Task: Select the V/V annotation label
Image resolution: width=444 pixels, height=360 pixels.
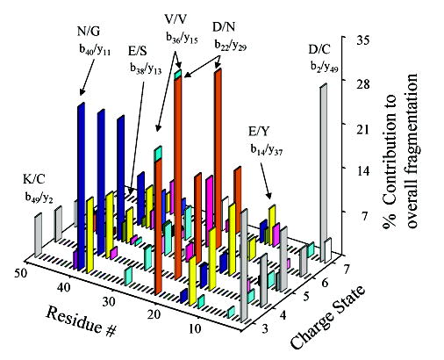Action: [173, 18]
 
